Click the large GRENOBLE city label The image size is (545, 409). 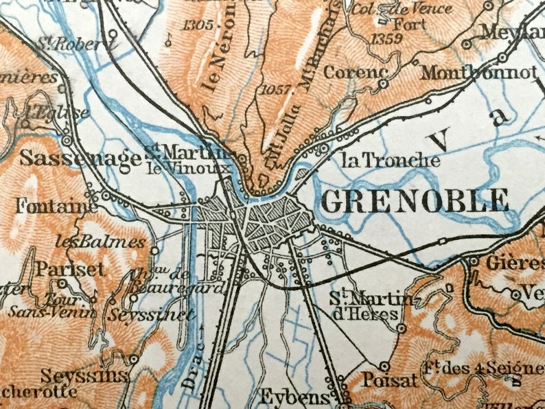(415, 200)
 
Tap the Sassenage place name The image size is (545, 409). (80, 158)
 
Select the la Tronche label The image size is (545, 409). (390, 160)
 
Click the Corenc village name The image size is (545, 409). (356, 71)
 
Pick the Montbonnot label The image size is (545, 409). (478, 72)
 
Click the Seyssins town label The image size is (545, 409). (84, 376)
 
